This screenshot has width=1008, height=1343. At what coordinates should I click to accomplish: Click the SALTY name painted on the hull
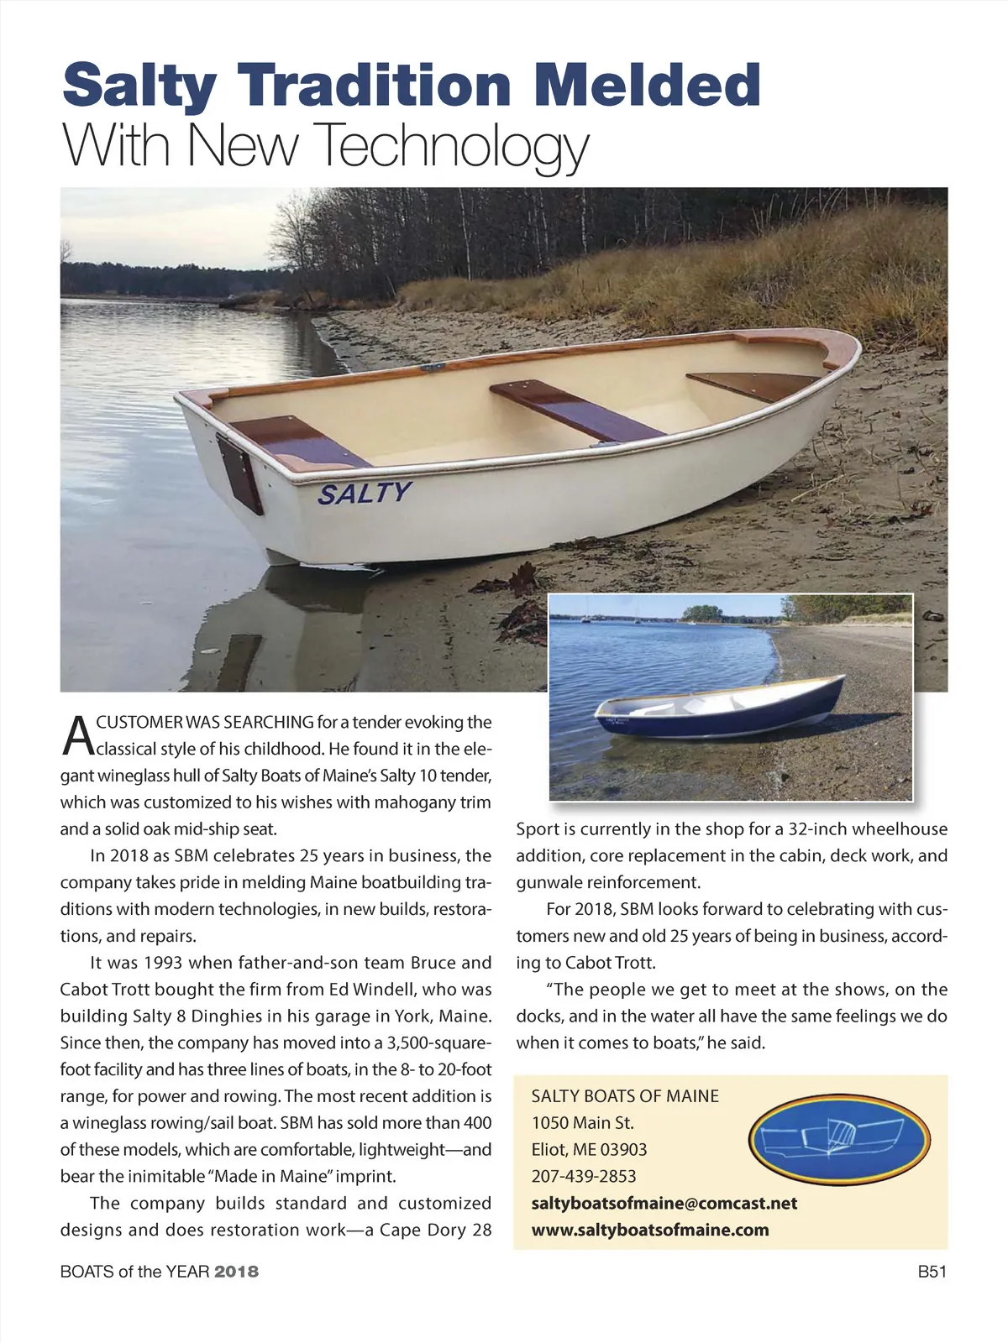[365, 493]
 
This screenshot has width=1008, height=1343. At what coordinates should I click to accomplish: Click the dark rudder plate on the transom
[240, 473]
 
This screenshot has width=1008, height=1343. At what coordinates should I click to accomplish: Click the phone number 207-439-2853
[584, 1176]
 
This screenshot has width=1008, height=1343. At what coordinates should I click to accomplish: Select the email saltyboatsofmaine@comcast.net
[664, 1203]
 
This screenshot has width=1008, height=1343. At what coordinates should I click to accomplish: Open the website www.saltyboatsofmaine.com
[650, 1230]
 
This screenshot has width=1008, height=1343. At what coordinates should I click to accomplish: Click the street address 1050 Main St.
[582, 1122]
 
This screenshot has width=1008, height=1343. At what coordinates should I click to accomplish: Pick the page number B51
[932, 1271]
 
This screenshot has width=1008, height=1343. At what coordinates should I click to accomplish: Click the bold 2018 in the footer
[237, 1272]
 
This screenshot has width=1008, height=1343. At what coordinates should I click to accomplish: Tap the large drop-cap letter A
[77, 734]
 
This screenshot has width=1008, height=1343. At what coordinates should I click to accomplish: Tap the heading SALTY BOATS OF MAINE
[625, 1095]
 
